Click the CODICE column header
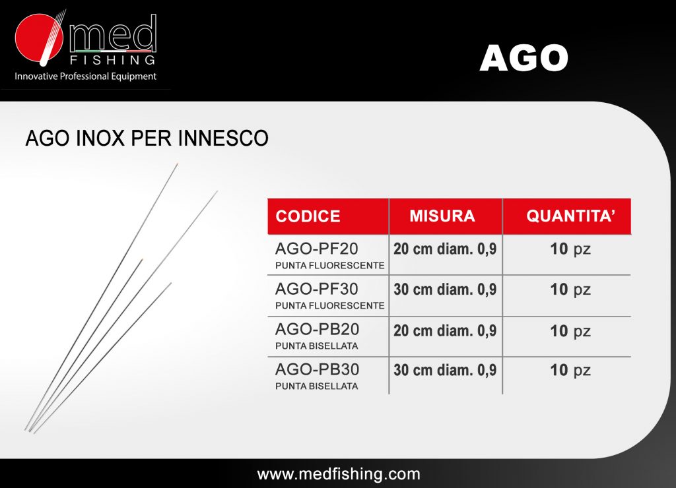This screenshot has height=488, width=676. [308, 216]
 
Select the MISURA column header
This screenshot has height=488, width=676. [442, 216]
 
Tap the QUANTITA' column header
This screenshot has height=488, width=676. [571, 216]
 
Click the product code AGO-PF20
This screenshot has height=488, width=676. [317, 249]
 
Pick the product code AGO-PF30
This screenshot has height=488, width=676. [317, 289]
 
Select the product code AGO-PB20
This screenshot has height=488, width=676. [318, 329]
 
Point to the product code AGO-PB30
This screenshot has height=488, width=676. [318, 369]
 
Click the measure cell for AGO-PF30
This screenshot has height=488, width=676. [445, 290]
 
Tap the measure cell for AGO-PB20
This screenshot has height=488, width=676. [445, 331]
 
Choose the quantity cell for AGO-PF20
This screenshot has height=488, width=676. [570, 249]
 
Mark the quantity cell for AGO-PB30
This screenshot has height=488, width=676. [570, 371]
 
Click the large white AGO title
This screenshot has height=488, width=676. [524, 58]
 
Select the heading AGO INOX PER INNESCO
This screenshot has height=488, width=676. [147, 138]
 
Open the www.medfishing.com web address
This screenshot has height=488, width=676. [339, 474]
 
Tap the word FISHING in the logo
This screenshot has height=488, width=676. [112, 59]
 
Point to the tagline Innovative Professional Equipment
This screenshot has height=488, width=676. [85, 76]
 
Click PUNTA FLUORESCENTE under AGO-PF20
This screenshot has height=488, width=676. [330, 265]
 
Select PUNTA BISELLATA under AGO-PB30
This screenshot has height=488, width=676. [317, 386]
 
